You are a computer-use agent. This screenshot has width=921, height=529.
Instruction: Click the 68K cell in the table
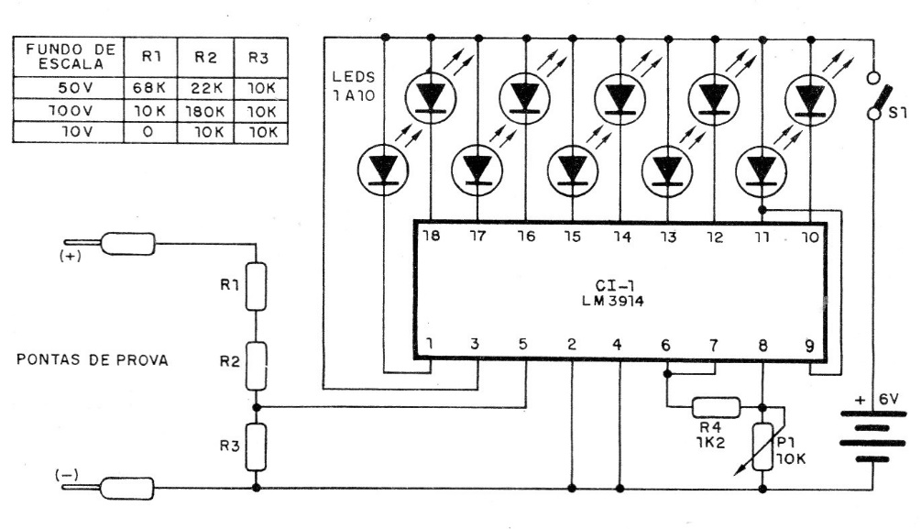click(149, 88)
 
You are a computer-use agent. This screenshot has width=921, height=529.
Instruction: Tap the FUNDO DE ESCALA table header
click(70, 57)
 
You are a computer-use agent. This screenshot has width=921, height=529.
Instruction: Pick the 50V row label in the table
click(76, 88)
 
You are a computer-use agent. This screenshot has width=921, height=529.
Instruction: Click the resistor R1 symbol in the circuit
click(256, 287)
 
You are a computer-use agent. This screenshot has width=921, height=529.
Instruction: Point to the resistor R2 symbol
click(256, 366)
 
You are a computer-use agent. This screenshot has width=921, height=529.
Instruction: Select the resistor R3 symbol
click(256, 446)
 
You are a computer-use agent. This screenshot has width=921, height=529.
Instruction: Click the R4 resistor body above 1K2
click(716, 407)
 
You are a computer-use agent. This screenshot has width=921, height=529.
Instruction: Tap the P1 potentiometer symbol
click(762, 446)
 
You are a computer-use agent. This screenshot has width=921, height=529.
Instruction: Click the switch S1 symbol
click(878, 96)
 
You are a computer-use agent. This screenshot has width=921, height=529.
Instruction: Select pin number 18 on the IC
click(431, 236)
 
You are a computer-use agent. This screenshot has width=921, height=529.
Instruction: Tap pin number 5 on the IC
click(523, 345)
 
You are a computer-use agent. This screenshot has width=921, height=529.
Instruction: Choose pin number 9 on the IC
click(809, 347)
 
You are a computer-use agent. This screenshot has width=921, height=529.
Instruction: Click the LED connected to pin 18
click(431, 97)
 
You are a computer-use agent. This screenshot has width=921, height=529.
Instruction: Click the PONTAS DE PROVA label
click(93, 359)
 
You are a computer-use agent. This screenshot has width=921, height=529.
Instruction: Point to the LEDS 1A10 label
click(354, 86)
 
